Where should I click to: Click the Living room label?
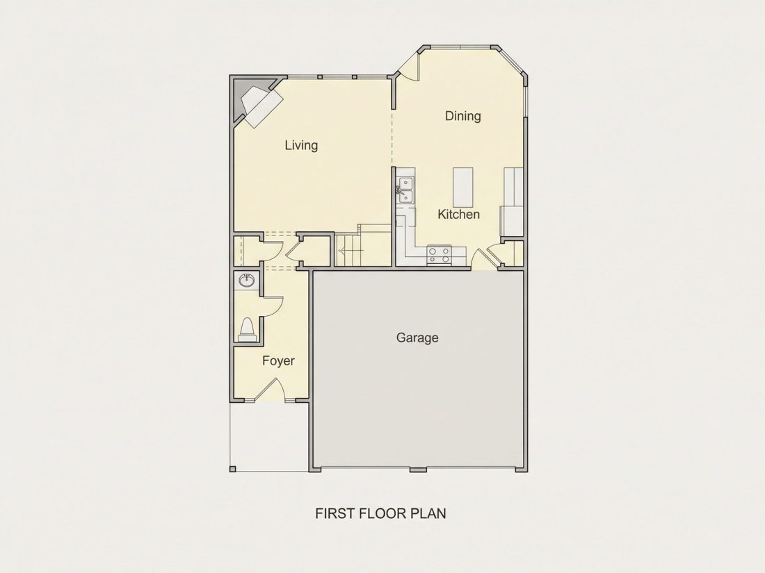[x=301, y=145]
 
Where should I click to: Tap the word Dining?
[x=462, y=116]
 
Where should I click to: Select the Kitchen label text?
[x=458, y=214]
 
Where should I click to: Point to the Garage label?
[x=417, y=338]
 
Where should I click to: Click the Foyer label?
[x=278, y=361]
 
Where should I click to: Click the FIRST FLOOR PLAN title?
[x=380, y=513]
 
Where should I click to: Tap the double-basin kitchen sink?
[x=405, y=190]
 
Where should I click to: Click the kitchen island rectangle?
[x=463, y=187]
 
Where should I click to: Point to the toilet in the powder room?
[x=247, y=330]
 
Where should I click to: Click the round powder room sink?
[x=246, y=281]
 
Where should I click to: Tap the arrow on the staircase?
[x=351, y=251]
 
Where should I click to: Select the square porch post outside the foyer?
[x=233, y=470]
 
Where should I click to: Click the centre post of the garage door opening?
[x=418, y=470]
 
